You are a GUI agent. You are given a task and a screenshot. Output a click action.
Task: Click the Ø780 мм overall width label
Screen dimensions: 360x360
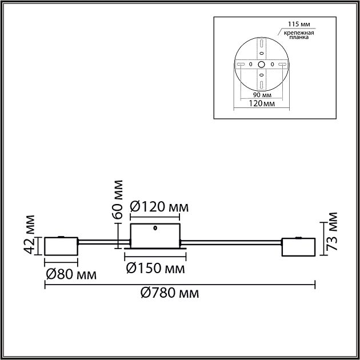coord(170,293)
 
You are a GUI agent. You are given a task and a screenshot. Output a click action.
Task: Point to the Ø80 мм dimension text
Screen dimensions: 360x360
coord(71,274)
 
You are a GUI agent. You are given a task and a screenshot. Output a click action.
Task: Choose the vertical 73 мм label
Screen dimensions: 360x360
coord(333,231)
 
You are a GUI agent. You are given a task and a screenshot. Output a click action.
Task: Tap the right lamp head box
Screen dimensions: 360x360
coord(298,247)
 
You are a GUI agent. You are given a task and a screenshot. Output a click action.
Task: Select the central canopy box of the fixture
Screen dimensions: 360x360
coord(156,236)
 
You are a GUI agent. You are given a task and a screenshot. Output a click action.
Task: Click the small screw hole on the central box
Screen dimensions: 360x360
coord(156,229)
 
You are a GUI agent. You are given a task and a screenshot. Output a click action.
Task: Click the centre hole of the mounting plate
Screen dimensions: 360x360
coord(261,63)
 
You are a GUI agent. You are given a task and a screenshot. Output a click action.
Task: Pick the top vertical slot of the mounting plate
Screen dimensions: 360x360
coord(261,43)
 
